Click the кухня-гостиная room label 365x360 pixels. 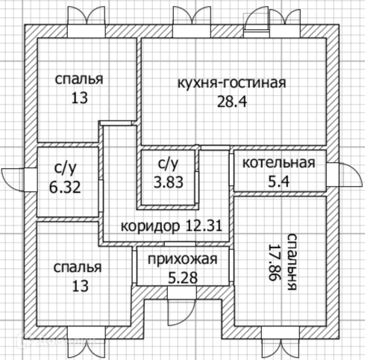point(231,84)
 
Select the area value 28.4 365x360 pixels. point(232,102)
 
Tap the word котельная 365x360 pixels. point(278,163)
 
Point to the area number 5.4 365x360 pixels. point(278,181)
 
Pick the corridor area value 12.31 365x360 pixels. point(204,226)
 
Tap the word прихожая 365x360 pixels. point(183,259)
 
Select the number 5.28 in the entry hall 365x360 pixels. point(183,278)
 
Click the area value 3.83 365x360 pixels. point(169,182)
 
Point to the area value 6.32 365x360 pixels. point(65,187)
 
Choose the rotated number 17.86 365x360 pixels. point(274,262)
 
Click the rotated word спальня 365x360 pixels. point(292,262)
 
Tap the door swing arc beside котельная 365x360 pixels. point(352,174)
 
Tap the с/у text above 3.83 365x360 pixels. point(169,164)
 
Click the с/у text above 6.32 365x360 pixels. point(65,169)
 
